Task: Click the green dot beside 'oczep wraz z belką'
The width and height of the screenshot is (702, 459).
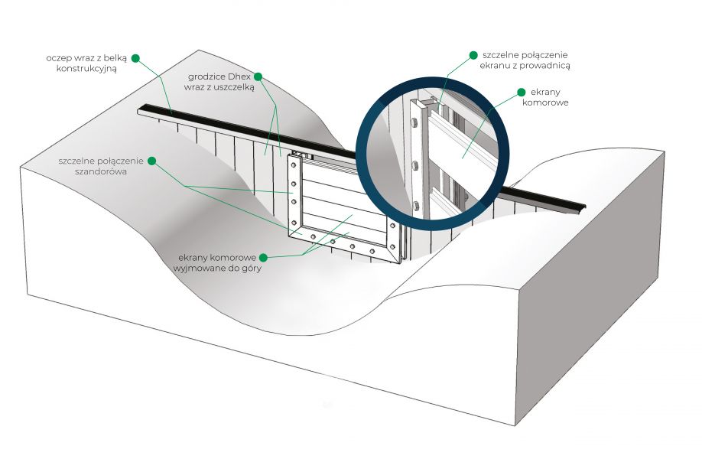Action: (135, 58)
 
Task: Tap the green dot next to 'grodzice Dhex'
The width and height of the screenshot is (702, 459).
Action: (258, 76)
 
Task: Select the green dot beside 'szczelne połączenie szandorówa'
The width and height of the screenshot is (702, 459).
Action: (151, 161)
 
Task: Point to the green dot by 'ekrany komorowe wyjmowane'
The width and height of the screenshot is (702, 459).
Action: (263, 258)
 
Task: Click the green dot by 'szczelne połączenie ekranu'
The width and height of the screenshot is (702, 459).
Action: (473, 55)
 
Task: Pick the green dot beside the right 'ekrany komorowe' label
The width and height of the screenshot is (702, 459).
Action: (521, 93)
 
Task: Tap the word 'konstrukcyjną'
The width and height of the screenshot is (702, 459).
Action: (86, 69)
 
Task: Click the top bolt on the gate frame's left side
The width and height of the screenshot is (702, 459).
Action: (294, 165)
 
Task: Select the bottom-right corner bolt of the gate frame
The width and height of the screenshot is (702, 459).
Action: (392, 247)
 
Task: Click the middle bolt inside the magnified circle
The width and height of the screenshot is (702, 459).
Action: (415, 164)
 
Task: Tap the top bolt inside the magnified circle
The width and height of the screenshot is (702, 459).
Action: (414, 122)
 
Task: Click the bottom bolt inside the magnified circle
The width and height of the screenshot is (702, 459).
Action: (416, 206)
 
